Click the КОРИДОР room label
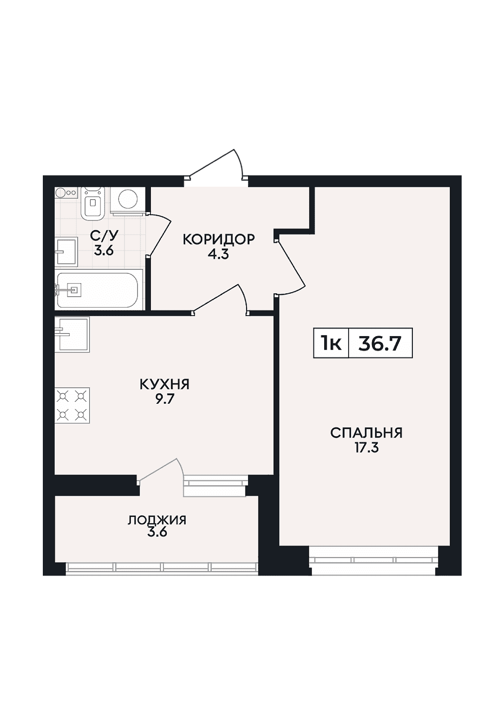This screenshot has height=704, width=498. [x=219, y=240]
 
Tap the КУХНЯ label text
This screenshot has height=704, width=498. [x=164, y=384]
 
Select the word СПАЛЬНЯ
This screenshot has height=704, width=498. [x=366, y=433]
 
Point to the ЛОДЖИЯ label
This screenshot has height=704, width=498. [x=157, y=520]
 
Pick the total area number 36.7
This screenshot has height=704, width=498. [x=380, y=344]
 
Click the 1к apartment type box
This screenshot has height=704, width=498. [x=331, y=343]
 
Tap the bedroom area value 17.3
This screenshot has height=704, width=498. [x=367, y=448]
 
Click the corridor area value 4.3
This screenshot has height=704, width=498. [x=218, y=254]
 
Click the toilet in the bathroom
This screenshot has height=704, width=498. [x=92, y=203]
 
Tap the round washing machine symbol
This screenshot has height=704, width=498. [x=127, y=199]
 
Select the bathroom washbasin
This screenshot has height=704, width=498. [x=66, y=251]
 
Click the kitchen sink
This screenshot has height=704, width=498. [x=72, y=334]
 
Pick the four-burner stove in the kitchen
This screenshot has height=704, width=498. [x=72, y=405]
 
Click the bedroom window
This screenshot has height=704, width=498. [x=373, y=560]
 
